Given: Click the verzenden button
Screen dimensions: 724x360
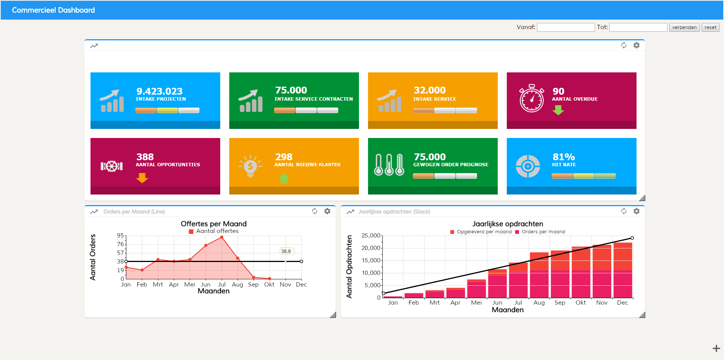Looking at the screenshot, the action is pos(684,27).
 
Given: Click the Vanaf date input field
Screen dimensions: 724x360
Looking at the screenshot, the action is pos(566,27).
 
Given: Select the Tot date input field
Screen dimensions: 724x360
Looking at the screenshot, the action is pos(638,27).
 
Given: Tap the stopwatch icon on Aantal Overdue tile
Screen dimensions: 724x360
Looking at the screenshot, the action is pos(532,98).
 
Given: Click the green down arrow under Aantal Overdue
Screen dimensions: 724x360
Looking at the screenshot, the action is pos(558,110).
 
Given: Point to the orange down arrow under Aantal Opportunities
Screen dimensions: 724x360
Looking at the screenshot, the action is pos(142,178).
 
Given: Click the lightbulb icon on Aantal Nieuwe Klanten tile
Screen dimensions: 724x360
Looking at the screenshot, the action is pos(250,166).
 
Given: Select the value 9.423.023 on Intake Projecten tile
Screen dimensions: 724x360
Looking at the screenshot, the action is pos(160,91).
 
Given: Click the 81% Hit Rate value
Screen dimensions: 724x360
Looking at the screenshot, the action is pos(564,157).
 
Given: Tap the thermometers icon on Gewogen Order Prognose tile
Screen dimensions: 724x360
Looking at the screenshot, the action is pos(389,165).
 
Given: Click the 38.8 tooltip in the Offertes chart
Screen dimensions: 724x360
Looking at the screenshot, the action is pos(286,251).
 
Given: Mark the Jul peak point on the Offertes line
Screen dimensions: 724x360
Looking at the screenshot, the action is pos(222,237).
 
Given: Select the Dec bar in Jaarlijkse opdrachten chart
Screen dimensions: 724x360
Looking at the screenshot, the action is pos(623,270).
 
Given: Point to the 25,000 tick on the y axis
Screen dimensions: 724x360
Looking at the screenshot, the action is pos(371,236).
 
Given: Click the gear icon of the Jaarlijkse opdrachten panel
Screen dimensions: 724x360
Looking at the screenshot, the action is pos(637,211).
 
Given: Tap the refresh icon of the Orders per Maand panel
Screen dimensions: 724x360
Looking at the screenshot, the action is pos(314,211).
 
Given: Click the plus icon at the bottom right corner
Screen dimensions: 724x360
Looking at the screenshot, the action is pos(716,349).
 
